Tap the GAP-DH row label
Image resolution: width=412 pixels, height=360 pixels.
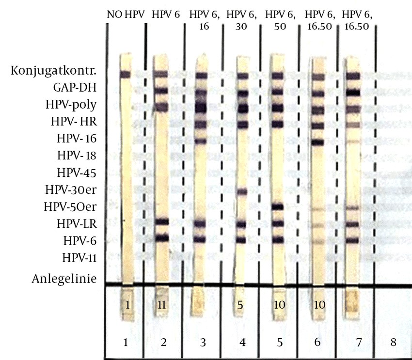pyautogui.click(x=75, y=88)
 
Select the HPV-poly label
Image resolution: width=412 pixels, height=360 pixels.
pyautogui.click(x=71, y=105)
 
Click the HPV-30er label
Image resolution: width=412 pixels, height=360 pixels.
pyautogui.click(x=71, y=189)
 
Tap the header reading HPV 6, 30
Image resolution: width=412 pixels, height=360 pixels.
pyautogui.click(x=242, y=21)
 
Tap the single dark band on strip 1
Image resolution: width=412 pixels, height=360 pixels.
pyautogui.click(x=126, y=74)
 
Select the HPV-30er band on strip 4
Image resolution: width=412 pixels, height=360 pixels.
pyautogui.click(x=242, y=191)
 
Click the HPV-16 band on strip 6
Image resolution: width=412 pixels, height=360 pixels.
pyautogui.click(x=317, y=142)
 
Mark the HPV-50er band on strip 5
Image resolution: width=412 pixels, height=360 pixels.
pyautogui.click(x=277, y=207)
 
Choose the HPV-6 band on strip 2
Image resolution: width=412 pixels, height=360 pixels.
pyautogui.click(x=161, y=238)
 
